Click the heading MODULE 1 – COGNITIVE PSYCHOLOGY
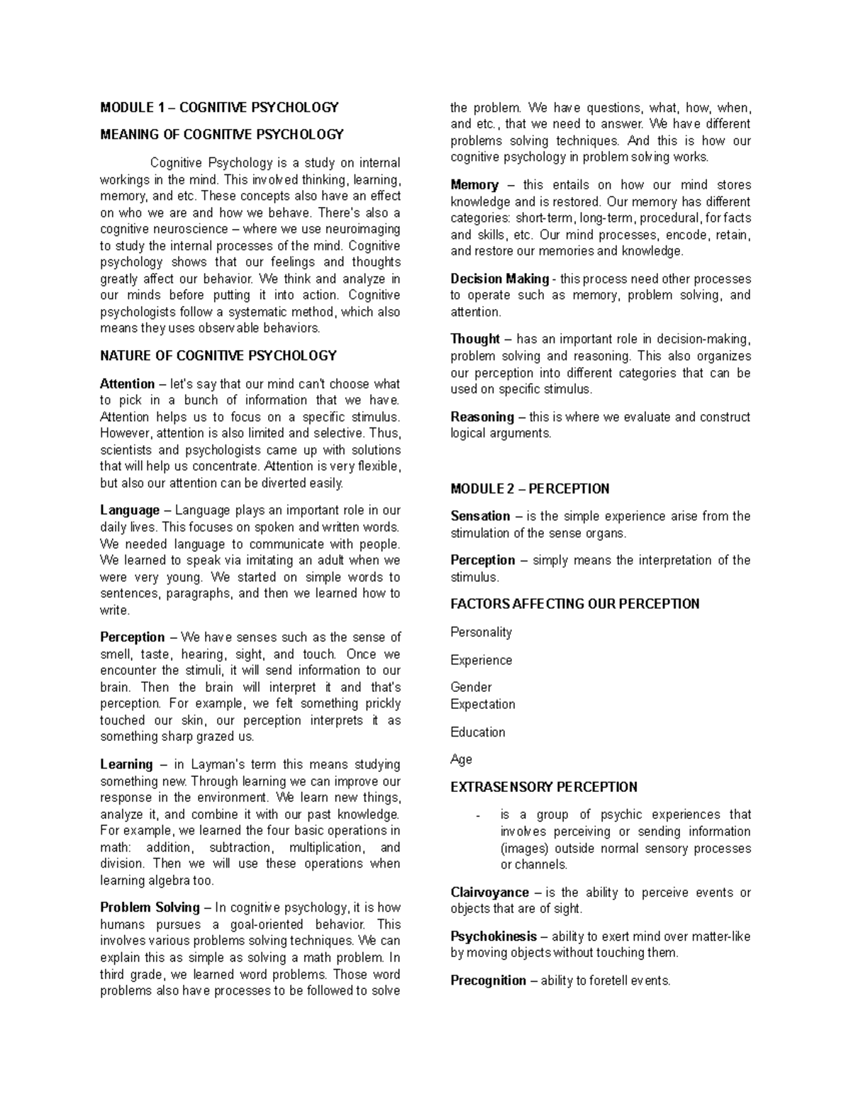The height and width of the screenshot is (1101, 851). pyautogui.click(x=219, y=108)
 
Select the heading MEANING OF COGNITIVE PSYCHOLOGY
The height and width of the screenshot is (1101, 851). pyautogui.click(x=221, y=135)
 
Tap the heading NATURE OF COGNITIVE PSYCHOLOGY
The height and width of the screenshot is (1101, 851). pyautogui.click(x=218, y=356)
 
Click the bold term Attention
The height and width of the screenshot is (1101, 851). pyautogui.click(x=127, y=384)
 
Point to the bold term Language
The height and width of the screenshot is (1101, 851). pyautogui.click(x=130, y=510)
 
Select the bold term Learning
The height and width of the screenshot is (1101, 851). pyautogui.click(x=126, y=765)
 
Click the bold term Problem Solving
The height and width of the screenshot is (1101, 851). pyautogui.click(x=150, y=908)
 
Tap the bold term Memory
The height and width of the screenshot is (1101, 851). pyautogui.click(x=474, y=185)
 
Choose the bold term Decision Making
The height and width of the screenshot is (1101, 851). pyautogui.click(x=499, y=279)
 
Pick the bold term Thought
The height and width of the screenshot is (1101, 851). pyautogui.click(x=475, y=340)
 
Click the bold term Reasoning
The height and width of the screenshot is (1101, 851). pyautogui.click(x=482, y=418)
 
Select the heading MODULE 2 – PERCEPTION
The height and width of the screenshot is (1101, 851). pyautogui.click(x=530, y=489)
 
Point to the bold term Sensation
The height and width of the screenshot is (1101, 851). pyautogui.click(x=480, y=517)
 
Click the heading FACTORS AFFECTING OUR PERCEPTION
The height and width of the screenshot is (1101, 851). pyautogui.click(x=574, y=604)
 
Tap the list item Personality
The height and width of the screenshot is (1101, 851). pyautogui.click(x=481, y=632)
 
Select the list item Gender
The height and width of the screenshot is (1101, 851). pyautogui.click(x=471, y=688)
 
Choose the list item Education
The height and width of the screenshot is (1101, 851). pyautogui.click(x=478, y=732)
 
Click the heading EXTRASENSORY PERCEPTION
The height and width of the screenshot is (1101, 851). pyautogui.click(x=544, y=788)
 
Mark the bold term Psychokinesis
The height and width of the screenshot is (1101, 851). pyautogui.click(x=494, y=937)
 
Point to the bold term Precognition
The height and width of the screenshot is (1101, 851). pyautogui.click(x=488, y=981)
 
